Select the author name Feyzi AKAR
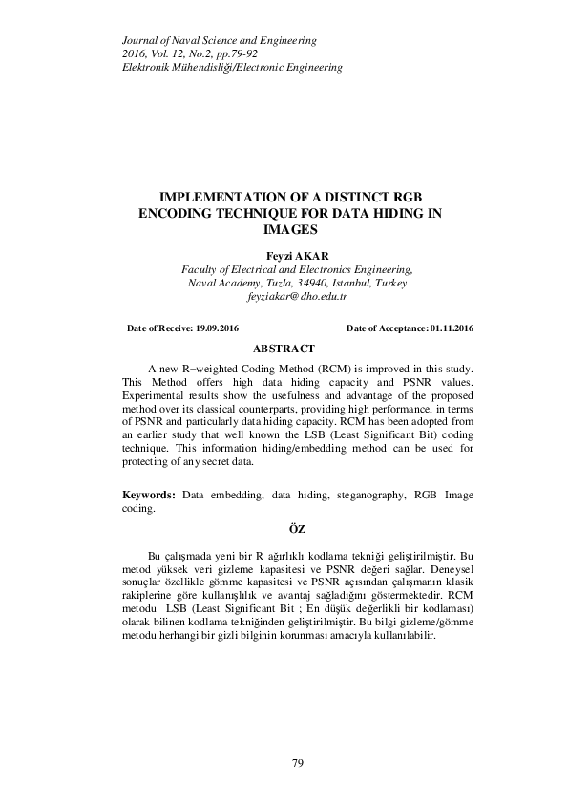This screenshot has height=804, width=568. (x=297, y=256)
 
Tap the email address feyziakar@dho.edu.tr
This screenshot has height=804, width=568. (x=297, y=298)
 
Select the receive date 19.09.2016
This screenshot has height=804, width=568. (x=217, y=328)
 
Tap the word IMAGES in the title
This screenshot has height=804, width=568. (x=297, y=230)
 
